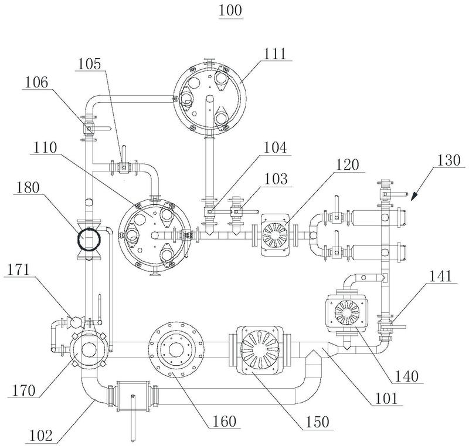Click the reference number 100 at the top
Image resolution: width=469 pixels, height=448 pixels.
[x=230, y=11]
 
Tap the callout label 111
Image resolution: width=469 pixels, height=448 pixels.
[x=275, y=54]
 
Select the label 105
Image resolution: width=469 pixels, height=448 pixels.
[x=90, y=64]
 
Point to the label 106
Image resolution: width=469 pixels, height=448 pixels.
[x=36, y=82]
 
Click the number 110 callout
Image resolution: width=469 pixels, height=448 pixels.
[x=45, y=148]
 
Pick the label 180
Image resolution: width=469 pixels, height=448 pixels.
[x=28, y=188]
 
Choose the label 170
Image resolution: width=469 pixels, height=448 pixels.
[x=23, y=390]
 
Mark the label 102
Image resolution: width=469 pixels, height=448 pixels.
[x=41, y=436]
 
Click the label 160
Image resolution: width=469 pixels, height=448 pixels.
[x=225, y=422]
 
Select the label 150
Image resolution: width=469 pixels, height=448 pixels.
[x=317, y=422]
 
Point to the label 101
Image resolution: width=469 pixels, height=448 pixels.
[x=386, y=399]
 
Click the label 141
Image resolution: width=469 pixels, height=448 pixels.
[x=441, y=276]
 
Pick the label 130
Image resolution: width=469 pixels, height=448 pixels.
[x=448, y=160]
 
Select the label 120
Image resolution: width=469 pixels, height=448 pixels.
[x=347, y=165]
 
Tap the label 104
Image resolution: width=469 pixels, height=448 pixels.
[x=275, y=148]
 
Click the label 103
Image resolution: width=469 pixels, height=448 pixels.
[x=276, y=179]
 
